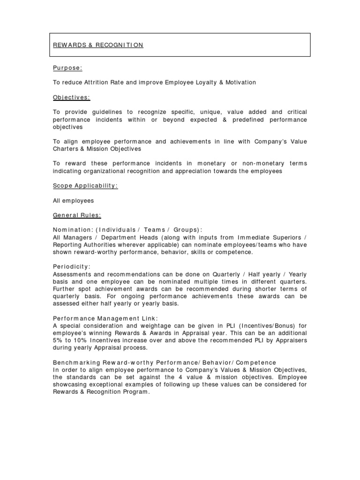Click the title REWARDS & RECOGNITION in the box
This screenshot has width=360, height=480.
[x=97, y=45]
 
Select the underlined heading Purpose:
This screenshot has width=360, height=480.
[x=67, y=68]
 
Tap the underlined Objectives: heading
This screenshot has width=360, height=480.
[x=71, y=97]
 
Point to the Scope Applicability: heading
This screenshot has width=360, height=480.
[x=85, y=186]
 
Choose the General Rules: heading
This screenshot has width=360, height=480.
[x=76, y=215]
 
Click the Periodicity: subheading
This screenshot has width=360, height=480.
[x=71, y=266]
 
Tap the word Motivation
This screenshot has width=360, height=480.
[x=240, y=82]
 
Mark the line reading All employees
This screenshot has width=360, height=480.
[x=73, y=201]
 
